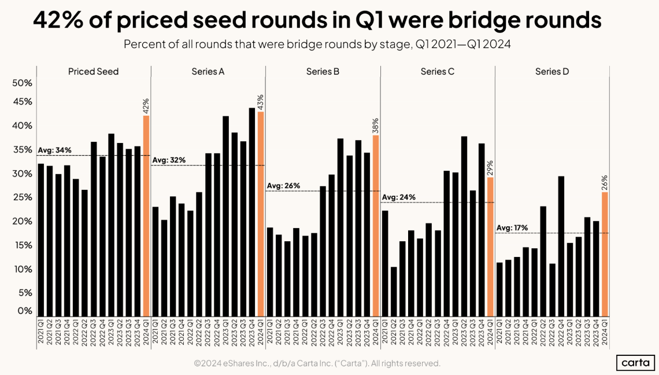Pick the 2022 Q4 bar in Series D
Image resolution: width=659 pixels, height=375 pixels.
561,246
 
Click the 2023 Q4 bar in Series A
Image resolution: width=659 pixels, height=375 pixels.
252,212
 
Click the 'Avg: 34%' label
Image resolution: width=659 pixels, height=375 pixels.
55,150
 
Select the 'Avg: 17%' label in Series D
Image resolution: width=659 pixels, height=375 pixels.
512,228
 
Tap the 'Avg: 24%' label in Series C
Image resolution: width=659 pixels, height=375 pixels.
398,197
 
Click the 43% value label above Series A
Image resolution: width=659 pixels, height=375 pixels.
261,101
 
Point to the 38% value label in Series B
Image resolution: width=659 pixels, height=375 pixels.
375,125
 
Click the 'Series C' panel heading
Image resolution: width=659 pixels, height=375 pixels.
437,72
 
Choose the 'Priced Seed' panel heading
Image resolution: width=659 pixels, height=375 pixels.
93,72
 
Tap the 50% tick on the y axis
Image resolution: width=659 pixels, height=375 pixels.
22,83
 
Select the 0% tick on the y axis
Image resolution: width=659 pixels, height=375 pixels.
24,311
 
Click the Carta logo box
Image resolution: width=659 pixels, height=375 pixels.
634,362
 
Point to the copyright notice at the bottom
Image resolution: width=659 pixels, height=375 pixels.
317,363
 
